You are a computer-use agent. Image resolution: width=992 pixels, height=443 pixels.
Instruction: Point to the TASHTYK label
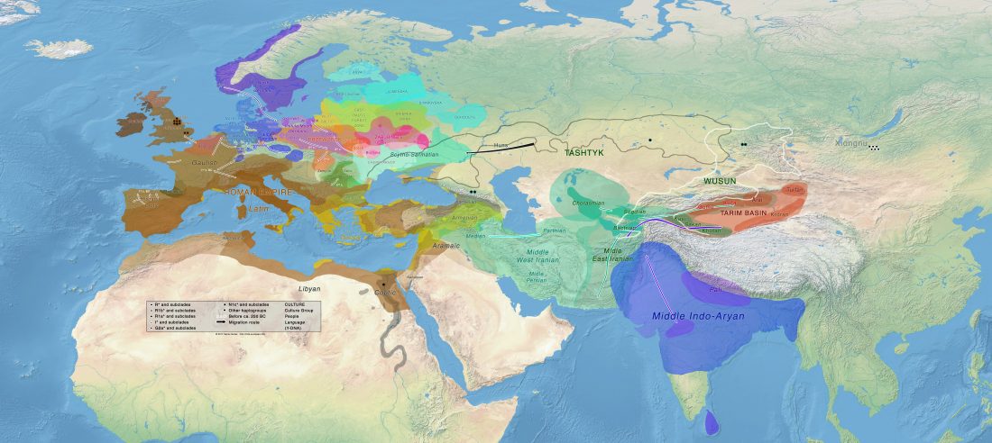pos(583,153)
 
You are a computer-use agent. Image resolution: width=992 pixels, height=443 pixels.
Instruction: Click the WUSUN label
pos(721,181)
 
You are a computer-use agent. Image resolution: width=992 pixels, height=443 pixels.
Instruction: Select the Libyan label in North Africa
pos(310,288)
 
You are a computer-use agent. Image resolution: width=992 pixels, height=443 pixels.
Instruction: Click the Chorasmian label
pos(588,203)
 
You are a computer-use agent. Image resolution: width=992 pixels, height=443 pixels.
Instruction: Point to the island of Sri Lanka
pos(712,422)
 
